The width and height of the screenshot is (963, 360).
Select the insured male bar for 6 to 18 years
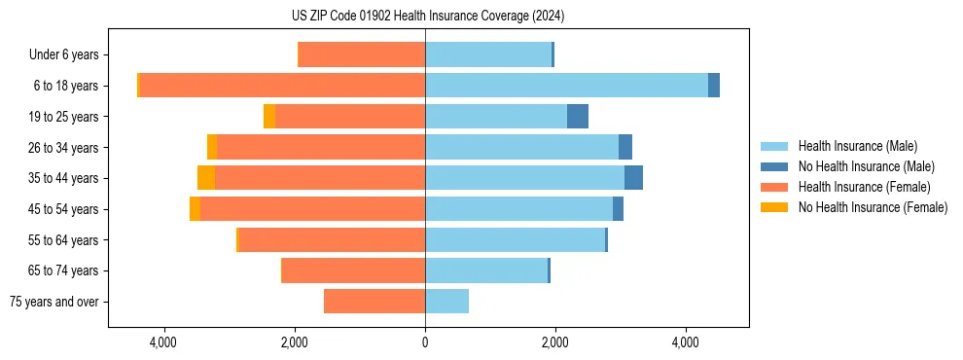click(566, 86)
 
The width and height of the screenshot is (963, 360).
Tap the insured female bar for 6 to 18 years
click(282, 86)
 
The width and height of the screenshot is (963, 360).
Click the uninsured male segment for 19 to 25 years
click(578, 117)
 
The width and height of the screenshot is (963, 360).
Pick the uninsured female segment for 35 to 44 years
click(206, 178)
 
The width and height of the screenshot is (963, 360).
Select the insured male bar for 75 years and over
click(446, 302)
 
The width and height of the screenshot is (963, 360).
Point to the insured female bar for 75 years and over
click(374, 302)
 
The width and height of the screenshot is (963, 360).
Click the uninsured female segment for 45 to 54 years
click(195, 209)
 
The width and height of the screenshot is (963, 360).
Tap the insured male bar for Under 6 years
click(488, 54)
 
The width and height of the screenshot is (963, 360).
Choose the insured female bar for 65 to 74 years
click(353, 270)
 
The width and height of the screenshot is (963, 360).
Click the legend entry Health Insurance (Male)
click(857, 146)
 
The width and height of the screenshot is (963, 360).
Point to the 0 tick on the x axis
click(425, 342)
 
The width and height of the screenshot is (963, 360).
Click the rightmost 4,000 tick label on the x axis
click(686, 342)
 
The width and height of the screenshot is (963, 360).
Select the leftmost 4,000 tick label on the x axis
click(163, 342)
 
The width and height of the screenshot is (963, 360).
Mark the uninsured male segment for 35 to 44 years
click(633, 178)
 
